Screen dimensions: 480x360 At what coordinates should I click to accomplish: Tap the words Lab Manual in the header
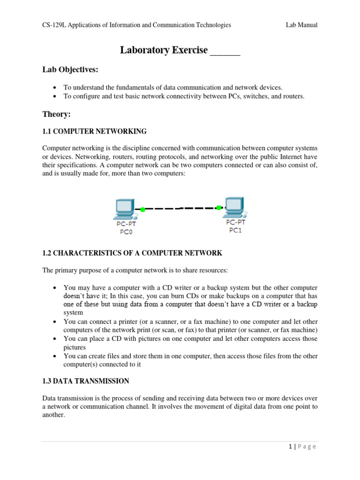coord(302,25)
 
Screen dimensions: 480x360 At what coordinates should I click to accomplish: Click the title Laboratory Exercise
coord(164,50)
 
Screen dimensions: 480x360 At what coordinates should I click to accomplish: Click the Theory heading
coord(56,114)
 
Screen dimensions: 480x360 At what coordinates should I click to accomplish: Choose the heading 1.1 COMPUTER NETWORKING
coord(94,131)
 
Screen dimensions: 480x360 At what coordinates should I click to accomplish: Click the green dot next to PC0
coord(142,210)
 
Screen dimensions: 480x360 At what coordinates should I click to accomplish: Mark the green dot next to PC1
coord(219,207)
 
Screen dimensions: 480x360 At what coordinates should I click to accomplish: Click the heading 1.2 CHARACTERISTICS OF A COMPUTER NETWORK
coord(132,253)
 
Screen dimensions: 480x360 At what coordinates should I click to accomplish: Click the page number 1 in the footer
coord(291,447)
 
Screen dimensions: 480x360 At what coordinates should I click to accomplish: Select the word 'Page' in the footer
coord(307,447)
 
